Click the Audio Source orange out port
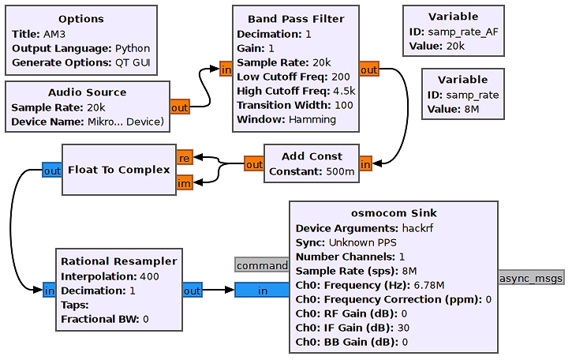point(180,107)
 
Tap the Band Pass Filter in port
point(226,70)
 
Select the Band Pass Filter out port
point(368,70)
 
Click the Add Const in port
point(365,164)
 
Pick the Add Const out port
point(254,164)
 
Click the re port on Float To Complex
point(184,157)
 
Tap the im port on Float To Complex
point(184,183)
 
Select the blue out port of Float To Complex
point(52,171)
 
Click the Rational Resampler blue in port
point(49,291)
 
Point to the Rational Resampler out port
point(193,291)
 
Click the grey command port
point(262,265)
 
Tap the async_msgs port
point(531,277)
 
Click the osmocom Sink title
point(394,213)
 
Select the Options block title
point(81,19)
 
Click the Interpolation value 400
point(149,276)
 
